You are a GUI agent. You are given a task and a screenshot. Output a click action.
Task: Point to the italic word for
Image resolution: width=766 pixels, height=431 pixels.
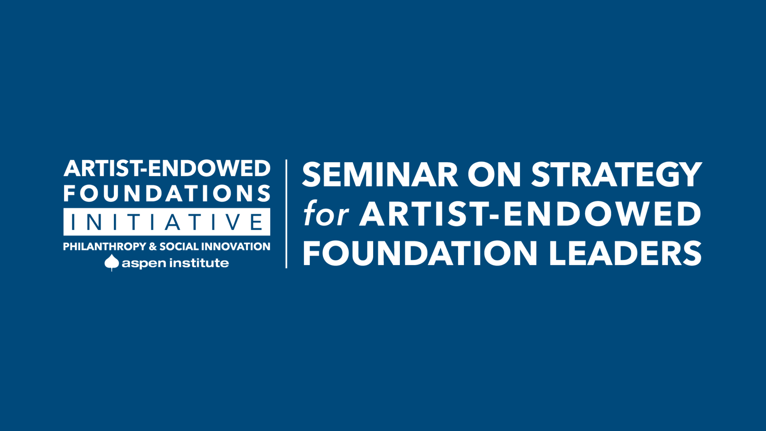[326, 213]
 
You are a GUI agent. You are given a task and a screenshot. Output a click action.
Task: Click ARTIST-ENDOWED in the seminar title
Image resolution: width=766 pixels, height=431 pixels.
[530, 214]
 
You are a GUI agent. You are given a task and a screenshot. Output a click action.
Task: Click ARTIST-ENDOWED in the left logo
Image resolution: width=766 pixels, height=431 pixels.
[167, 168]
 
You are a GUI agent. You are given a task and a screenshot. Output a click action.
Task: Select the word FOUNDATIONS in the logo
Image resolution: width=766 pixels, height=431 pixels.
[167, 193]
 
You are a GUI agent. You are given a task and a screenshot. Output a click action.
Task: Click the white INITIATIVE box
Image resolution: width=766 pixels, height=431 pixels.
[167, 222]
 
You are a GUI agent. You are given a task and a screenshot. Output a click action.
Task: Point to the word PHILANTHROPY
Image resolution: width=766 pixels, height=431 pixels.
[105, 246]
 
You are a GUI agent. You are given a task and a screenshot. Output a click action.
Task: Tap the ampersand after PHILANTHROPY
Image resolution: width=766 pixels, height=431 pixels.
[153, 246]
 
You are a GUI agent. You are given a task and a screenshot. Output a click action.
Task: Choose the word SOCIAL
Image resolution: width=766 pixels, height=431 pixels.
[179, 246]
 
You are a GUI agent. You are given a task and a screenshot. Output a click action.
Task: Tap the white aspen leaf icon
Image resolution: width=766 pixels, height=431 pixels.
[112, 262]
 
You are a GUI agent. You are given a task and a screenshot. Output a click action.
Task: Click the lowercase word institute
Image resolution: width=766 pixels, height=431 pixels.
[199, 263]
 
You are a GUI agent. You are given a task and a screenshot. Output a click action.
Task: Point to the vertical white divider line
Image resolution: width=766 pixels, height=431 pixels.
[286, 214]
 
